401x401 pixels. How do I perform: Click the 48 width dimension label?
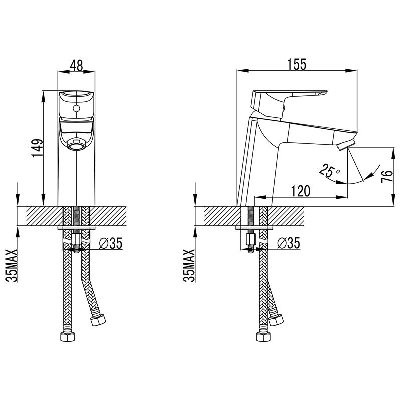pyautogui.click(x=76, y=66)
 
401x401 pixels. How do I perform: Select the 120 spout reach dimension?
pyautogui.click(x=300, y=191)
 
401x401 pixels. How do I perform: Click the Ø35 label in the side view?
pyautogui.click(x=289, y=244)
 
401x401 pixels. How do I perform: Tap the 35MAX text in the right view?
pyautogui.click(x=189, y=266)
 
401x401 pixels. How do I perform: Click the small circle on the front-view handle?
pyautogui.click(x=76, y=108)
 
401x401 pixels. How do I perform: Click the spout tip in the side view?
pyautogui.click(x=345, y=146)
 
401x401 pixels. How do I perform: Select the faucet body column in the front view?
pyautogui.click(x=76, y=175)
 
